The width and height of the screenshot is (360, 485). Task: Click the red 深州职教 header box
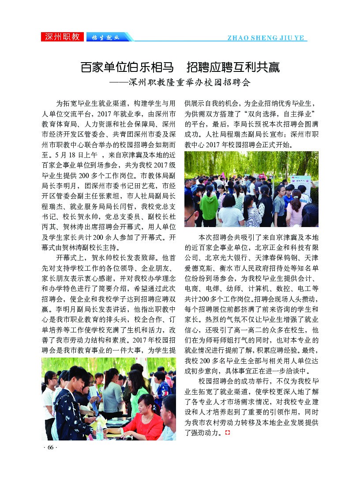[62, 37]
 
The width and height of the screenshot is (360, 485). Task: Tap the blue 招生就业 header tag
[105, 37]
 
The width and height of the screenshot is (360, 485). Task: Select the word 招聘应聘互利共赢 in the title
[233, 68]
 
